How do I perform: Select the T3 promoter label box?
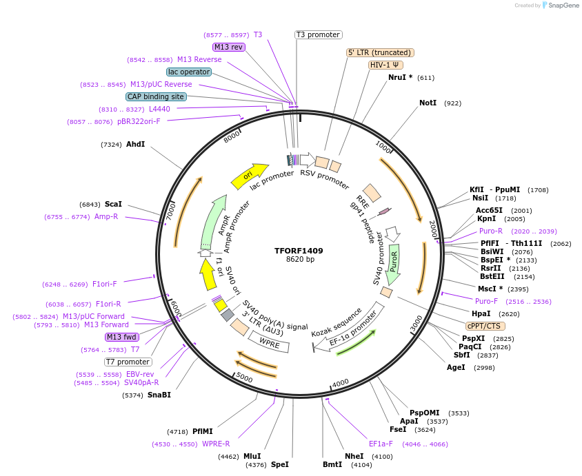(318, 34)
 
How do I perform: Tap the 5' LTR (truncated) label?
(379, 52)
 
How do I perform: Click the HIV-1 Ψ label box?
(386, 65)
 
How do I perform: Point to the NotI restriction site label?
(428, 103)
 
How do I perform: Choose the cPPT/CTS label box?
(485, 326)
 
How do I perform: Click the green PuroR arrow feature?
(394, 265)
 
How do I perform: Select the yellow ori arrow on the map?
(250, 176)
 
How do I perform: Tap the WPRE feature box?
(269, 342)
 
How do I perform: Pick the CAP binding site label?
(155, 96)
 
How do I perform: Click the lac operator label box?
(189, 72)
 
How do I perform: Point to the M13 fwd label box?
(122, 338)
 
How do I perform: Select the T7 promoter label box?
(128, 362)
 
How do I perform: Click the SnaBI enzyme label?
(159, 395)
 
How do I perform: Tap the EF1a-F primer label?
(381, 444)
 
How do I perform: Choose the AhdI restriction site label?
(135, 145)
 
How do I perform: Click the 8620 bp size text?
(300, 260)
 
